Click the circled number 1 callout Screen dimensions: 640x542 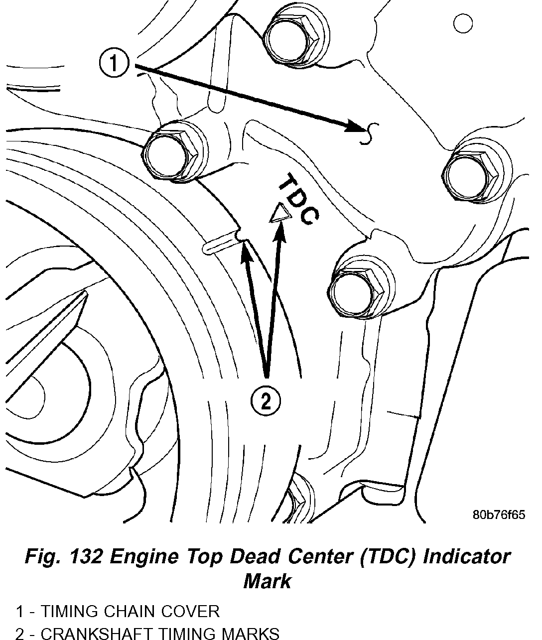(114, 64)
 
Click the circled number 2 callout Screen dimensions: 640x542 (266, 400)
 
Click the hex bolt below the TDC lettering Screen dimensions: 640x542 (356, 288)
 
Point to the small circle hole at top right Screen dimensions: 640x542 (463, 23)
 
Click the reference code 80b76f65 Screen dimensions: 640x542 (499, 514)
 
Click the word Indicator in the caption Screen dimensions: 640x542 (467, 556)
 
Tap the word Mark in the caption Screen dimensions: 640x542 (267, 581)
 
